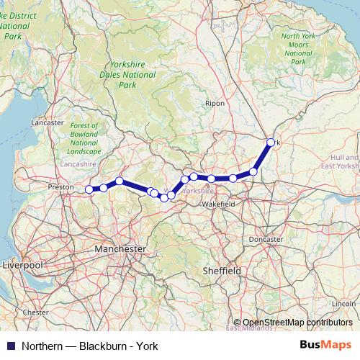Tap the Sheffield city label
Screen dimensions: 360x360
pos(221,270)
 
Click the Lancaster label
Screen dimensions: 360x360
pos(48,122)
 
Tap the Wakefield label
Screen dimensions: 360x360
pos(218,204)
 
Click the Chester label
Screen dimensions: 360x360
pos(35,312)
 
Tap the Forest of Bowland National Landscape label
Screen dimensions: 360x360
pos(85,138)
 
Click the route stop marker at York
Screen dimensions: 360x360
pos(271,143)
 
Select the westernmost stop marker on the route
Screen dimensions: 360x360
pos(89,189)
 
